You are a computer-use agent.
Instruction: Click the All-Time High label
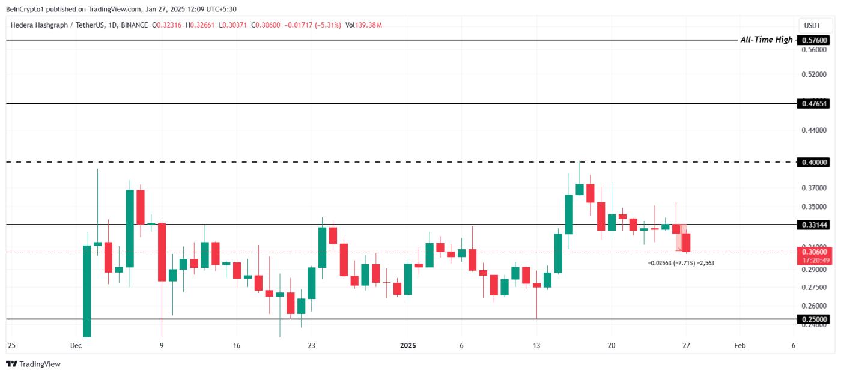tap(766, 40)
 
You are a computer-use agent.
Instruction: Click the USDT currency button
tap(812, 25)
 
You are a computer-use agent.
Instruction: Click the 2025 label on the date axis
tap(408, 346)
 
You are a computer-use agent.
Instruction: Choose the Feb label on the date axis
tap(740, 346)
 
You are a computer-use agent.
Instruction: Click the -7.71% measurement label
tap(681, 263)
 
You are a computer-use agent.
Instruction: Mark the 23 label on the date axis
tap(311, 346)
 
